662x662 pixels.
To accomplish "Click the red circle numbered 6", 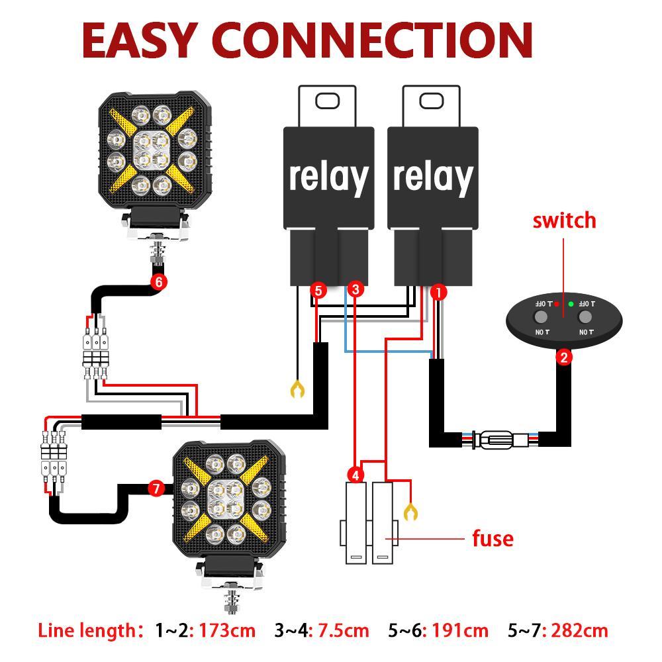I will [x=158, y=281].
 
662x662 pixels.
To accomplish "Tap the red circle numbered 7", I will [x=156, y=489].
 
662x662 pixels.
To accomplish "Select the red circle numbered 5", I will [x=318, y=290].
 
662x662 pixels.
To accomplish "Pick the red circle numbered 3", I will [x=355, y=289].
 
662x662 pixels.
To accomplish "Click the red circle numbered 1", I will [x=438, y=291].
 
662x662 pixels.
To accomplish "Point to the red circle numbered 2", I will [x=564, y=357].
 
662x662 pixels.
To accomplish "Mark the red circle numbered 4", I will [x=356, y=475].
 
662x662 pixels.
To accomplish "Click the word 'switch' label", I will [x=564, y=220].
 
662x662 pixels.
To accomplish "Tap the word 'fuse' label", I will [x=493, y=538].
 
